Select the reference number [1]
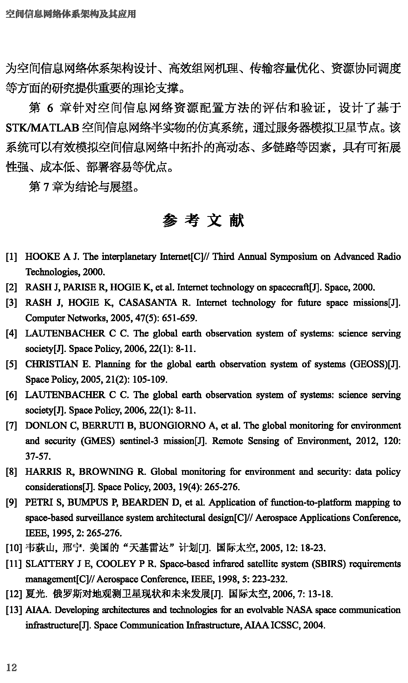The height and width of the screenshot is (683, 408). (11, 257)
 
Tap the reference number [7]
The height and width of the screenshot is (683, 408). (11, 425)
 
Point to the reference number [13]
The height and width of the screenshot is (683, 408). (13, 610)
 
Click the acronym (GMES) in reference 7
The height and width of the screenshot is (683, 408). (98, 441)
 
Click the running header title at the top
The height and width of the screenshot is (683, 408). (71, 14)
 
